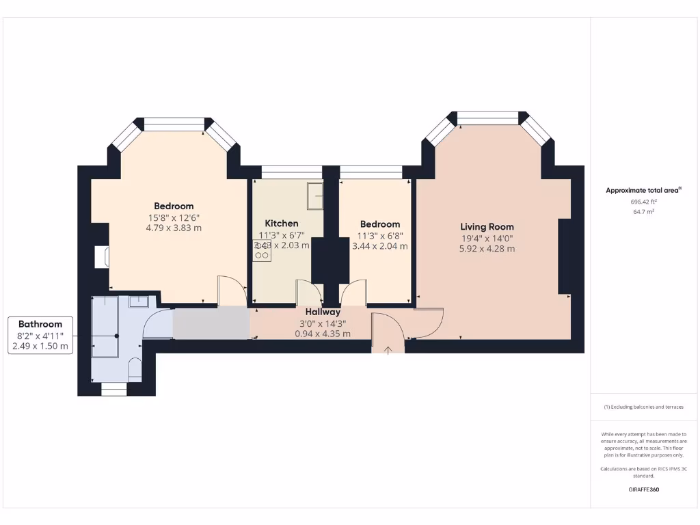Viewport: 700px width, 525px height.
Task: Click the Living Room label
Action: pyautogui.click(x=487, y=227)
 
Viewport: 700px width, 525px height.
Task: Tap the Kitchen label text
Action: pyautogui.click(x=282, y=224)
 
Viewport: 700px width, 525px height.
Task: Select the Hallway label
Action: pyautogui.click(x=323, y=312)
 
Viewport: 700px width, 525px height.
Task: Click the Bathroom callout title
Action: pyautogui.click(x=40, y=324)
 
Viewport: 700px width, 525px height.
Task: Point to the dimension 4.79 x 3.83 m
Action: pyautogui.click(x=174, y=228)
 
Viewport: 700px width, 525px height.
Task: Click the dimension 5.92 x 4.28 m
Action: pyautogui.click(x=487, y=249)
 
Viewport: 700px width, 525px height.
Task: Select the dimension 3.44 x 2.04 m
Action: pyautogui.click(x=379, y=246)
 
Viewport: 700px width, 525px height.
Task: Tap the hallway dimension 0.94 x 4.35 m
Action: pyautogui.click(x=323, y=334)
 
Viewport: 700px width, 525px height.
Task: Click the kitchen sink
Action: pyautogui.click(x=314, y=196)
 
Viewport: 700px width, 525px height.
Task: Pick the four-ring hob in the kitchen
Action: pyautogui.click(x=262, y=250)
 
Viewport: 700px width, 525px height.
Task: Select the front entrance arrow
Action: pyautogui.click(x=388, y=350)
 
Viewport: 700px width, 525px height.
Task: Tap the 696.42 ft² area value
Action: pyautogui.click(x=643, y=202)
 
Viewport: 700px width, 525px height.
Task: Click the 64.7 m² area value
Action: pyautogui.click(x=643, y=212)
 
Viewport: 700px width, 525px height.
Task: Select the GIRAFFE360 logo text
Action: pyautogui.click(x=643, y=489)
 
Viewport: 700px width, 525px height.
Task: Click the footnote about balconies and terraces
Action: pyautogui.click(x=643, y=407)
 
